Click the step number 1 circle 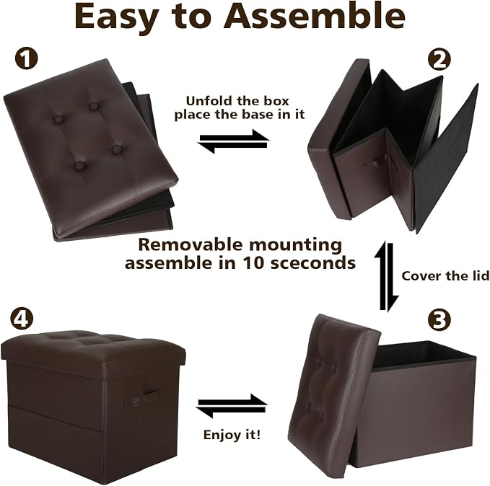click(27, 58)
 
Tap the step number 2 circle click(439, 59)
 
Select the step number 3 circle click(439, 320)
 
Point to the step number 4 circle click(22, 319)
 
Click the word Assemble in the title click(315, 17)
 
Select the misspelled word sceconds click(313, 263)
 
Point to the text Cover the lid click(445, 275)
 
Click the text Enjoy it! click(232, 435)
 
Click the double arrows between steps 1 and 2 click(233, 141)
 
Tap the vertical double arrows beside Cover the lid click(387, 276)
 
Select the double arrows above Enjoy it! click(232, 406)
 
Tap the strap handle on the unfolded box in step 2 click(375, 167)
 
